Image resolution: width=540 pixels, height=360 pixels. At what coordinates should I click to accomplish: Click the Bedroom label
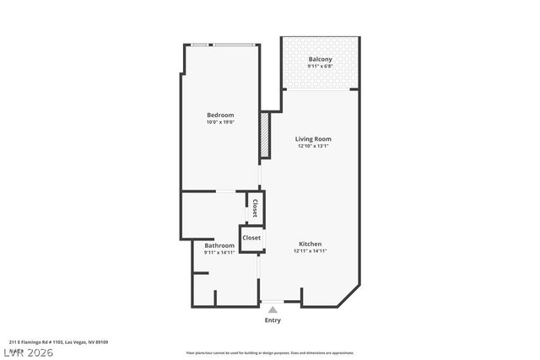tap(220, 115)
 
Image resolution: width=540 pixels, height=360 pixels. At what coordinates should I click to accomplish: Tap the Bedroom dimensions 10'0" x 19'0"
tap(220, 122)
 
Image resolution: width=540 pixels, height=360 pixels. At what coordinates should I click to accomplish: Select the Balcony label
tap(320, 59)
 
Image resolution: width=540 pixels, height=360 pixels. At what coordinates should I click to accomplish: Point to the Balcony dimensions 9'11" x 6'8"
tap(320, 67)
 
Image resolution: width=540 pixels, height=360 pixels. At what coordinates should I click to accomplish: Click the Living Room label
tap(313, 139)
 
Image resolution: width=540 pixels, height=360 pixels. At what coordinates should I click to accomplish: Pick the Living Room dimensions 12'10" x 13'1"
tap(313, 147)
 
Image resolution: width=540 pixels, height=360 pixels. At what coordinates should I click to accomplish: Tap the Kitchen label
tap(310, 243)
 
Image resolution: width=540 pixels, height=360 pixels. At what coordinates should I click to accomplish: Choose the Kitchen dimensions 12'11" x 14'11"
tap(310, 250)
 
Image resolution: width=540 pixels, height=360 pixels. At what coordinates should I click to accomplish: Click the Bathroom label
tap(219, 245)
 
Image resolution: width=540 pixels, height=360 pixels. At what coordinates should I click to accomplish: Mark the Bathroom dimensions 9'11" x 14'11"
tap(219, 253)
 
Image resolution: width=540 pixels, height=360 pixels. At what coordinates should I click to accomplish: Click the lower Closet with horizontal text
tap(251, 238)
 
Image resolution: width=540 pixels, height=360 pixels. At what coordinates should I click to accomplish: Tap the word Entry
tap(273, 320)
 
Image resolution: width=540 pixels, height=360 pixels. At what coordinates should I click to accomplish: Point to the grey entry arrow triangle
tap(273, 310)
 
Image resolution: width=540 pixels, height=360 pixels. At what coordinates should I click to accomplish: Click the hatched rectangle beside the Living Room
tap(264, 135)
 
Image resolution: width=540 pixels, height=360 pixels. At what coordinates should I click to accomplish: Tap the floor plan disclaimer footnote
tap(270, 352)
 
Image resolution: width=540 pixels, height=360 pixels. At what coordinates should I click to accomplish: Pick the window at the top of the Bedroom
tap(221, 45)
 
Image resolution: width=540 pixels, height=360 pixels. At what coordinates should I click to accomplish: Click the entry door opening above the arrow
tap(273, 302)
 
